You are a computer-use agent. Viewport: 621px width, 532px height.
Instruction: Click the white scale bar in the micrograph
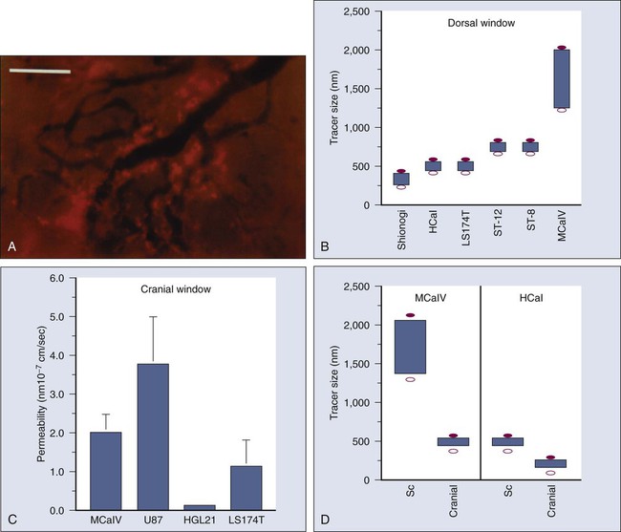pyautogui.click(x=40, y=71)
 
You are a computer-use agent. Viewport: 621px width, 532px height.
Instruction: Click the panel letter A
pyautogui.click(x=12, y=245)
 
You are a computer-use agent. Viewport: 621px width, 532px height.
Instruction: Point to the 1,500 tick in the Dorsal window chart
pyautogui.click(x=355, y=89)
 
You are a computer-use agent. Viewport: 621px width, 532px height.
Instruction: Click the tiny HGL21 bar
pyautogui.click(x=199, y=507)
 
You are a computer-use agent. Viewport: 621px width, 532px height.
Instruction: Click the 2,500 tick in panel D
pyautogui.click(x=355, y=287)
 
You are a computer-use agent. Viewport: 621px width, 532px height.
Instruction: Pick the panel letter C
pyautogui.click(x=12, y=520)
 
